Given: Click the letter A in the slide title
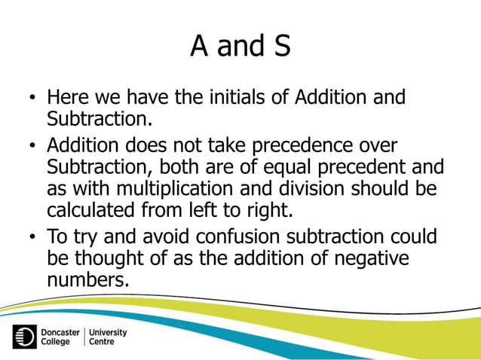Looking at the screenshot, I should (x=201, y=47).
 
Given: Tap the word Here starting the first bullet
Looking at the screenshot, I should (x=69, y=98).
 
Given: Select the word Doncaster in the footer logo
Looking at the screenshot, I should (x=60, y=331).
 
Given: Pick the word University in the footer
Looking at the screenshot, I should (x=108, y=331).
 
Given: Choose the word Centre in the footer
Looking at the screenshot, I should (x=102, y=342).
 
